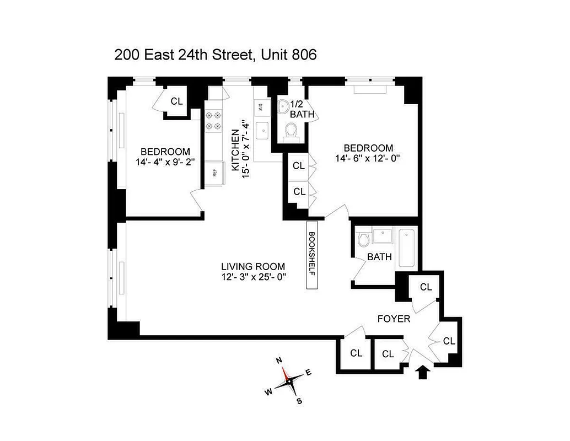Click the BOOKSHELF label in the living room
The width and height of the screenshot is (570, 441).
[x=312, y=254]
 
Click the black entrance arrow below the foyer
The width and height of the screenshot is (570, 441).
[x=422, y=373]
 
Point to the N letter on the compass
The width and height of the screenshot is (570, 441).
[x=279, y=361]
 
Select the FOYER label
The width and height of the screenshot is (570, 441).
[x=394, y=319]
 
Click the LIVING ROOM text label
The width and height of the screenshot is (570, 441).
[x=254, y=267]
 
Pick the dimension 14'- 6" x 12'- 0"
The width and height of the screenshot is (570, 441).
[x=367, y=159]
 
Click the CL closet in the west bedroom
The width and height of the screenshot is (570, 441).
[x=176, y=101]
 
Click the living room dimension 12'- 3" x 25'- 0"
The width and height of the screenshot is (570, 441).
[x=254, y=277]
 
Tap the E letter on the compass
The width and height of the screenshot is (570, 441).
[x=309, y=373]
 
